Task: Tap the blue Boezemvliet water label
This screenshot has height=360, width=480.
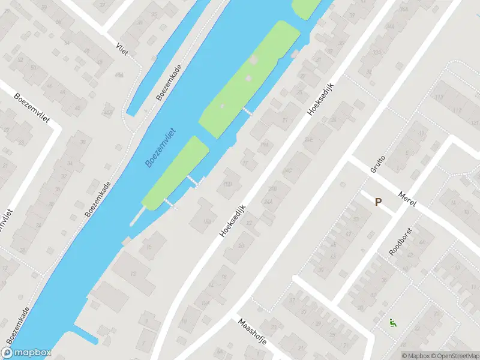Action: click(160, 147)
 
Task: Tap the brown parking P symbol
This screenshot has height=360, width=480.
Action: click(378, 202)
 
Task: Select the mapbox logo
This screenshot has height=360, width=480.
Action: click(26, 353)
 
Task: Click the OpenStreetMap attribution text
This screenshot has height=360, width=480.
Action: click(454, 356)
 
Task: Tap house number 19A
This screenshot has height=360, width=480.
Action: click(264, 144)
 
